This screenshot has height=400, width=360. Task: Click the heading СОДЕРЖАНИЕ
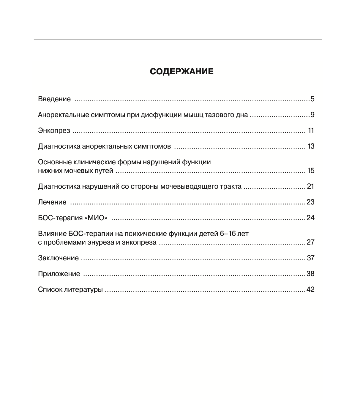(181, 72)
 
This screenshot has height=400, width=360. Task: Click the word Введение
(54, 99)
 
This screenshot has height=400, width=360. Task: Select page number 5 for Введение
(312, 99)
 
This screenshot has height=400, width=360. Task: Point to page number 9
(312, 115)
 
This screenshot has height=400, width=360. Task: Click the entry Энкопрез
(54, 130)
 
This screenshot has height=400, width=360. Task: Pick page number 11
(311, 130)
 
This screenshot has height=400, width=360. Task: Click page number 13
(311, 146)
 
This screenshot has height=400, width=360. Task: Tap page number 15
(311, 171)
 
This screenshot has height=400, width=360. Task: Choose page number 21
(310, 186)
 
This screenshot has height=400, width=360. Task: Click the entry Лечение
(52, 202)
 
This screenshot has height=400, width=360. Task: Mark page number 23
(310, 202)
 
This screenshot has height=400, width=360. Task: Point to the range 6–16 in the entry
(228, 234)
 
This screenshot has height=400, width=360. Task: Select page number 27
(310, 242)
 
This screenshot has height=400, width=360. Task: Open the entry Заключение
(59, 258)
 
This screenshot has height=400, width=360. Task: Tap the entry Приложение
(59, 274)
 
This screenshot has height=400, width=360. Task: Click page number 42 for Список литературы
(310, 289)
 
